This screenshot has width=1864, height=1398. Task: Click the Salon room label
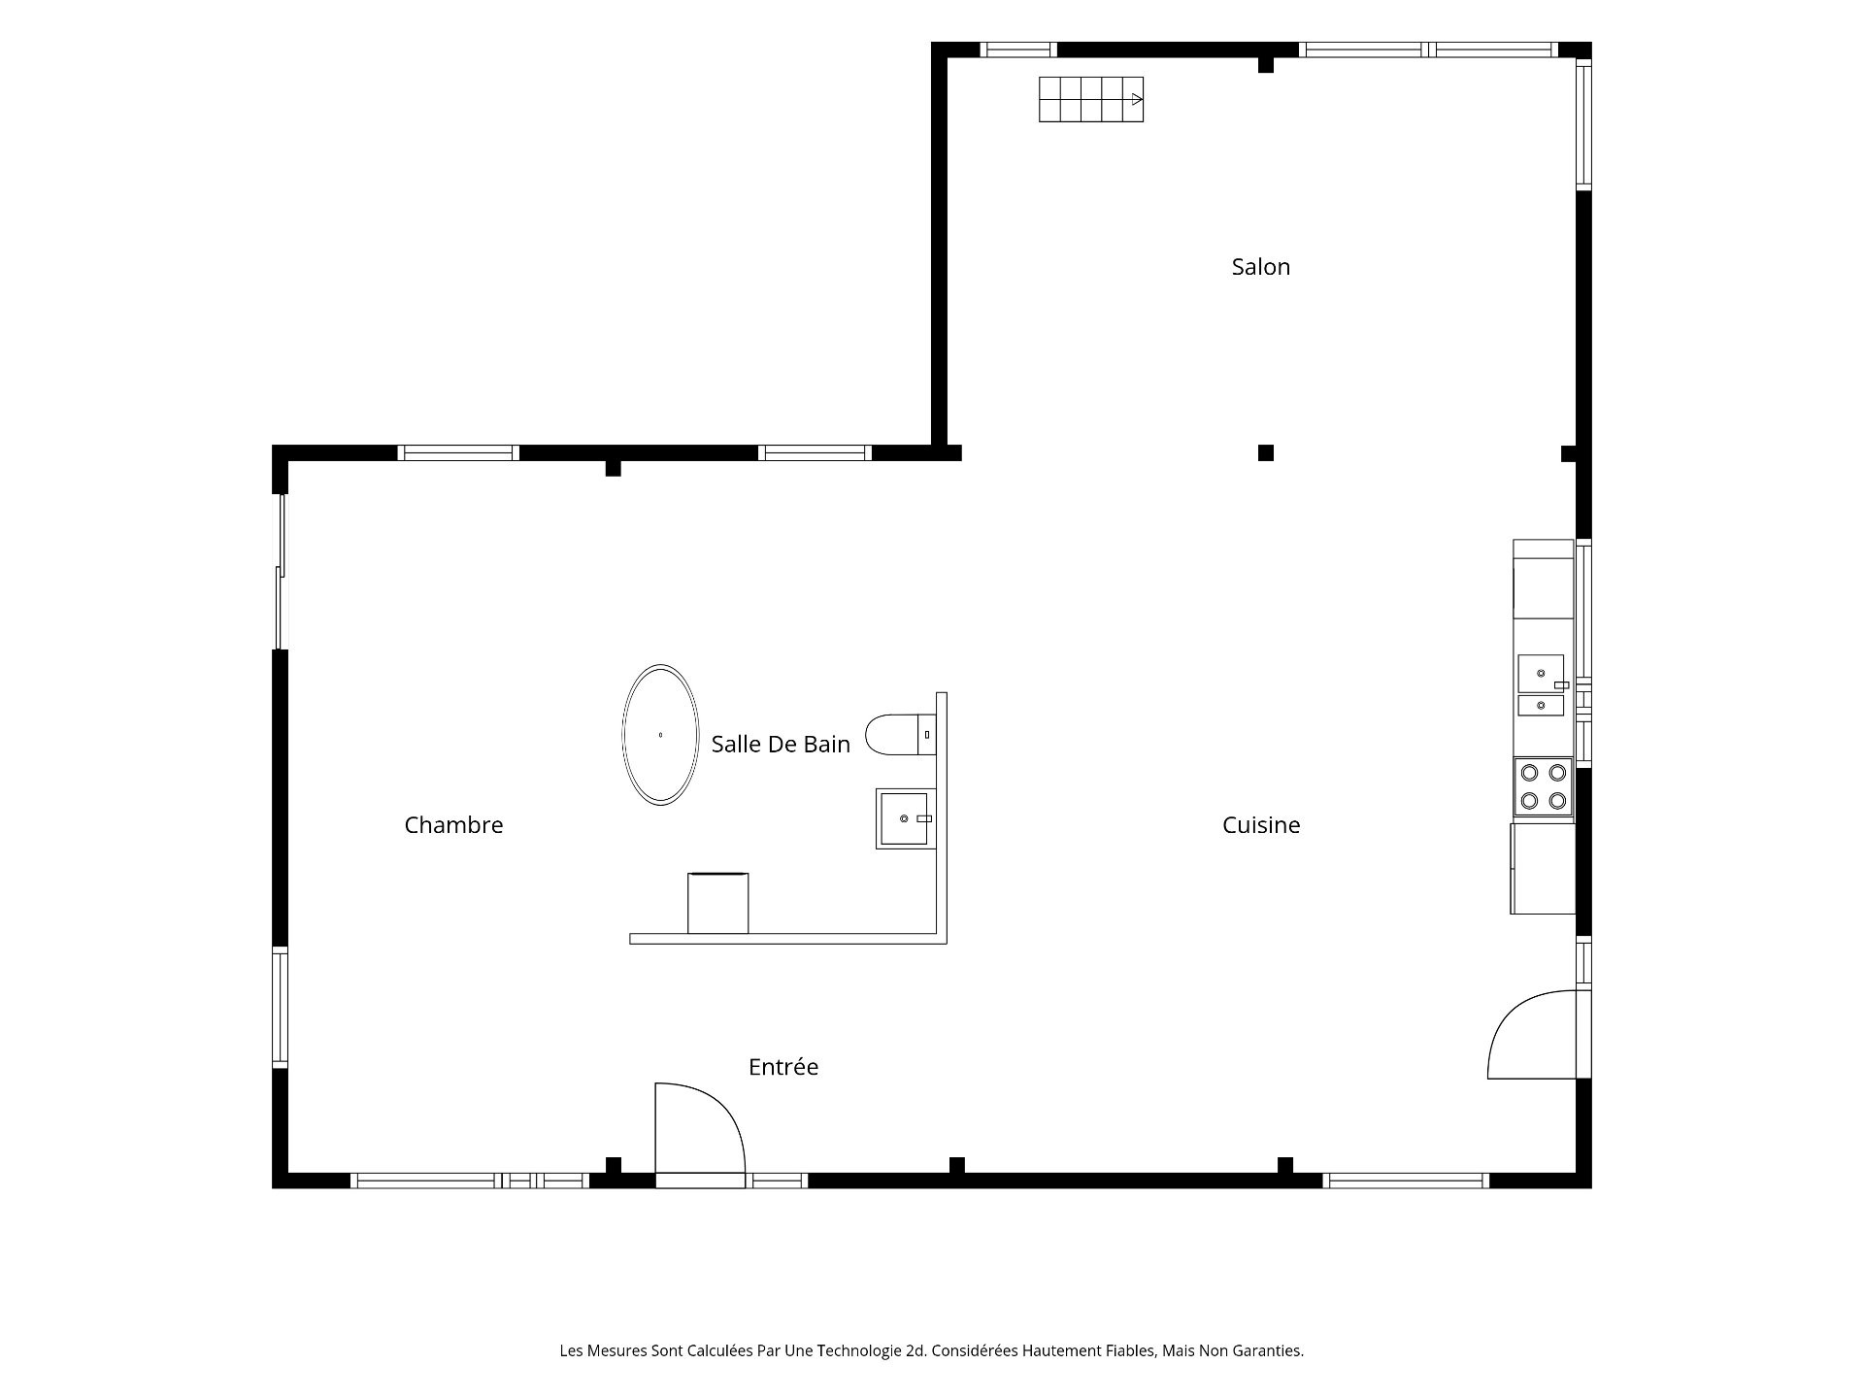click(1260, 267)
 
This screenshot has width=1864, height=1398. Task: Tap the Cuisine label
click(1260, 825)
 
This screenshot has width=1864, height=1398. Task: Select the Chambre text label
click(453, 825)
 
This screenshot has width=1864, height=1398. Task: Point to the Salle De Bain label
click(781, 745)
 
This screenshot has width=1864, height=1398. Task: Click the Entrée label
click(783, 1067)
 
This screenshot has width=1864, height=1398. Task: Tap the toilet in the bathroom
click(900, 735)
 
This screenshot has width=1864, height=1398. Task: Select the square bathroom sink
click(905, 818)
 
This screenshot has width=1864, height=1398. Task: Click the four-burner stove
click(1543, 786)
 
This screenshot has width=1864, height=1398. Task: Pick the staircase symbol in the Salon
click(1091, 99)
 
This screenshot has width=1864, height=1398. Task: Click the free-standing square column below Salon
click(1266, 452)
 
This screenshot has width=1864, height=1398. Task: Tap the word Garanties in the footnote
click(1268, 1350)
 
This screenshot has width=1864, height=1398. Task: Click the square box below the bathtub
click(717, 903)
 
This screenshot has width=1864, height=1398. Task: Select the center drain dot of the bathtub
click(660, 735)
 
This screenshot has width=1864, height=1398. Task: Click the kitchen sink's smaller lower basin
click(1541, 706)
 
